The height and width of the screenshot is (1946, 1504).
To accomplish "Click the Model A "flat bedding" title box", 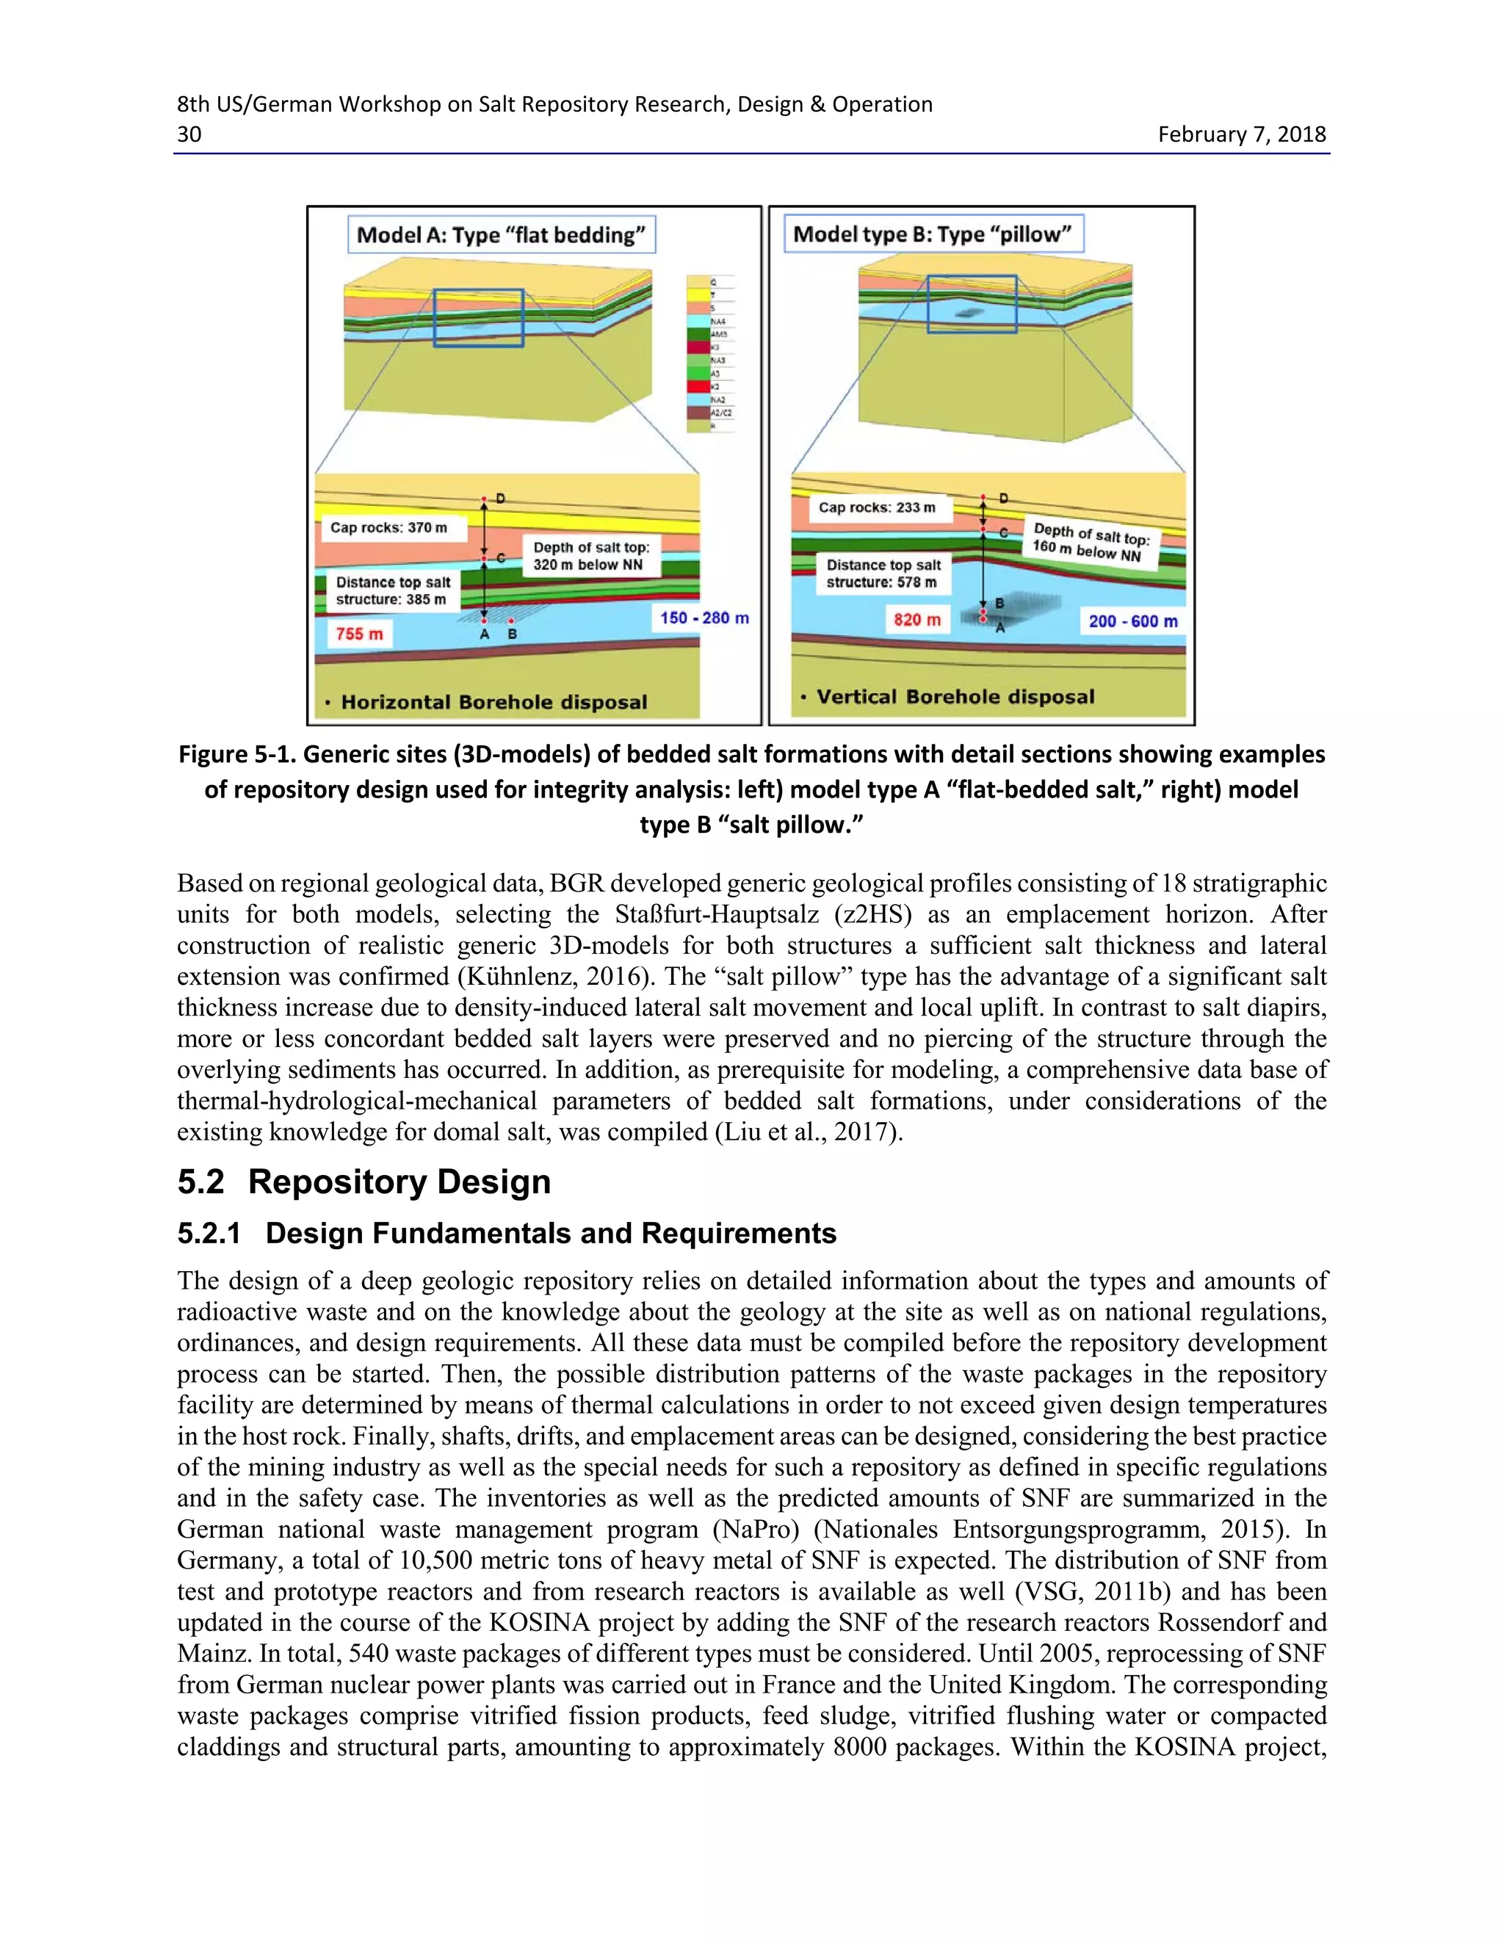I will [501, 235].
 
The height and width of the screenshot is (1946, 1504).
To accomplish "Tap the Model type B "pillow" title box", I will [932, 234].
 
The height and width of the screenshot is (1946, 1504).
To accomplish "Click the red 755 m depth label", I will [359, 634].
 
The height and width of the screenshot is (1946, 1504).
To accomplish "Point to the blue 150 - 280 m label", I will [704, 618].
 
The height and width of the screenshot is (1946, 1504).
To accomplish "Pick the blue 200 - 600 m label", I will [1132, 621].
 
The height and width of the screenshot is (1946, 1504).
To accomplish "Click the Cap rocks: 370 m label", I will [388, 527].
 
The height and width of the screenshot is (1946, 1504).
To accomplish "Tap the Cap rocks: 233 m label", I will [877, 508].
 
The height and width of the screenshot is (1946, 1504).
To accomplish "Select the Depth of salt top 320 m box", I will [590, 556].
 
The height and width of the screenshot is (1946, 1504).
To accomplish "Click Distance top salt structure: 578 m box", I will [882, 573].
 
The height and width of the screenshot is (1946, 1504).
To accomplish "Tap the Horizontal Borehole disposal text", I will [493, 702].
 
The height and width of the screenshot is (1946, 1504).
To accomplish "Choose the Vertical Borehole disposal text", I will [954, 697].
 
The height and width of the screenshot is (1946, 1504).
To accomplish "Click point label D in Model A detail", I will [501, 498].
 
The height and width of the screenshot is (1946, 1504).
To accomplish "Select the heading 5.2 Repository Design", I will [364, 1182].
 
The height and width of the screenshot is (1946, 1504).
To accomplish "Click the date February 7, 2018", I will [1241, 134].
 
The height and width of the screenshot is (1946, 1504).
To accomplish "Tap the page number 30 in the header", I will [189, 134].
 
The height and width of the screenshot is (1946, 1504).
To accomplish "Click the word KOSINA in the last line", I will [1182, 1746].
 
